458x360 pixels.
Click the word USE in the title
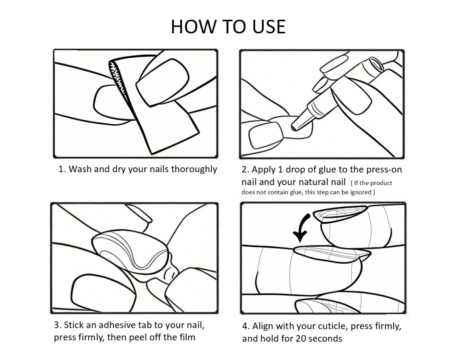269,27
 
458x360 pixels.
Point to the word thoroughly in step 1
194,169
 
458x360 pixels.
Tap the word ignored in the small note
361,192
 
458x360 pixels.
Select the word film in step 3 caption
187,337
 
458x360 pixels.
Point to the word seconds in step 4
325,339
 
